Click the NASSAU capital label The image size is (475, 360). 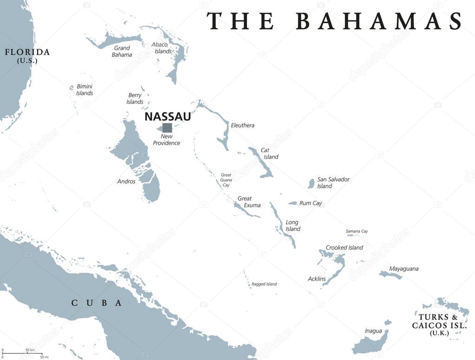(x=167, y=116)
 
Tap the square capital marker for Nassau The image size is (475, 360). (x=167, y=128)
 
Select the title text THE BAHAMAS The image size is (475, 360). (x=334, y=21)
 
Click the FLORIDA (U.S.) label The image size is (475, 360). (x=27, y=55)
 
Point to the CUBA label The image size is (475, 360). (x=97, y=303)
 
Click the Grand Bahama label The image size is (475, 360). (x=122, y=51)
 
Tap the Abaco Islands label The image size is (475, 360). (x=162, y=48)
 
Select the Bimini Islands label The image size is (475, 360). (x=85, y=90)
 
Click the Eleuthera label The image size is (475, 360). (x=242, y=125)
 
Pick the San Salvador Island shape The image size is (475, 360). (x=311, y=184)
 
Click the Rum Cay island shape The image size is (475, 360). (x=293, y=203)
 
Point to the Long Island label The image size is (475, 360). (x=293, y=225)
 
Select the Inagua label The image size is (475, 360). (x=373, y=331)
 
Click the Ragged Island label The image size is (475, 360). (x=264, y=284)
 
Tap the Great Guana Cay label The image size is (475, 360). (x=226, y=180)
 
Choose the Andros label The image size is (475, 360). (x=126, y=181)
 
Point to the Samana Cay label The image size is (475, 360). (x=357, y=231)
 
